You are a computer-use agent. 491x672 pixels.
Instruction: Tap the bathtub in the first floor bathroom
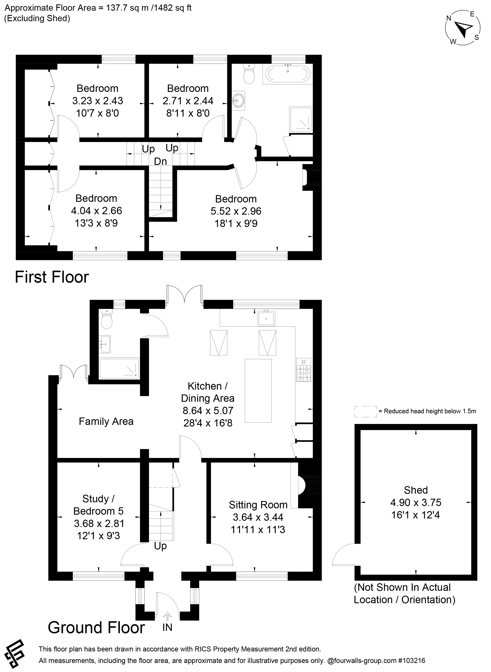[288, 74]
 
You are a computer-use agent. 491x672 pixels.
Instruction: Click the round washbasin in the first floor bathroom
[238, 100]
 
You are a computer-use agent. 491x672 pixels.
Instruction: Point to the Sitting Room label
[258, 505]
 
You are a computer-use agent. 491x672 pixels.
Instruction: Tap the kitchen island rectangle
[258, 390]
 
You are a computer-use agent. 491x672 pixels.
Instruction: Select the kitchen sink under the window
[266, 318]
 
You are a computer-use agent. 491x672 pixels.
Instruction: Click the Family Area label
[106, 421]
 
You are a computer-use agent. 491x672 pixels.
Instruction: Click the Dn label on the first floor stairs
[161, 161]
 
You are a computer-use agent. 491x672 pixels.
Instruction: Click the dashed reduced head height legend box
[366, 411]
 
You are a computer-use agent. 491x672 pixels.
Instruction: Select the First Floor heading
[52, 277]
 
